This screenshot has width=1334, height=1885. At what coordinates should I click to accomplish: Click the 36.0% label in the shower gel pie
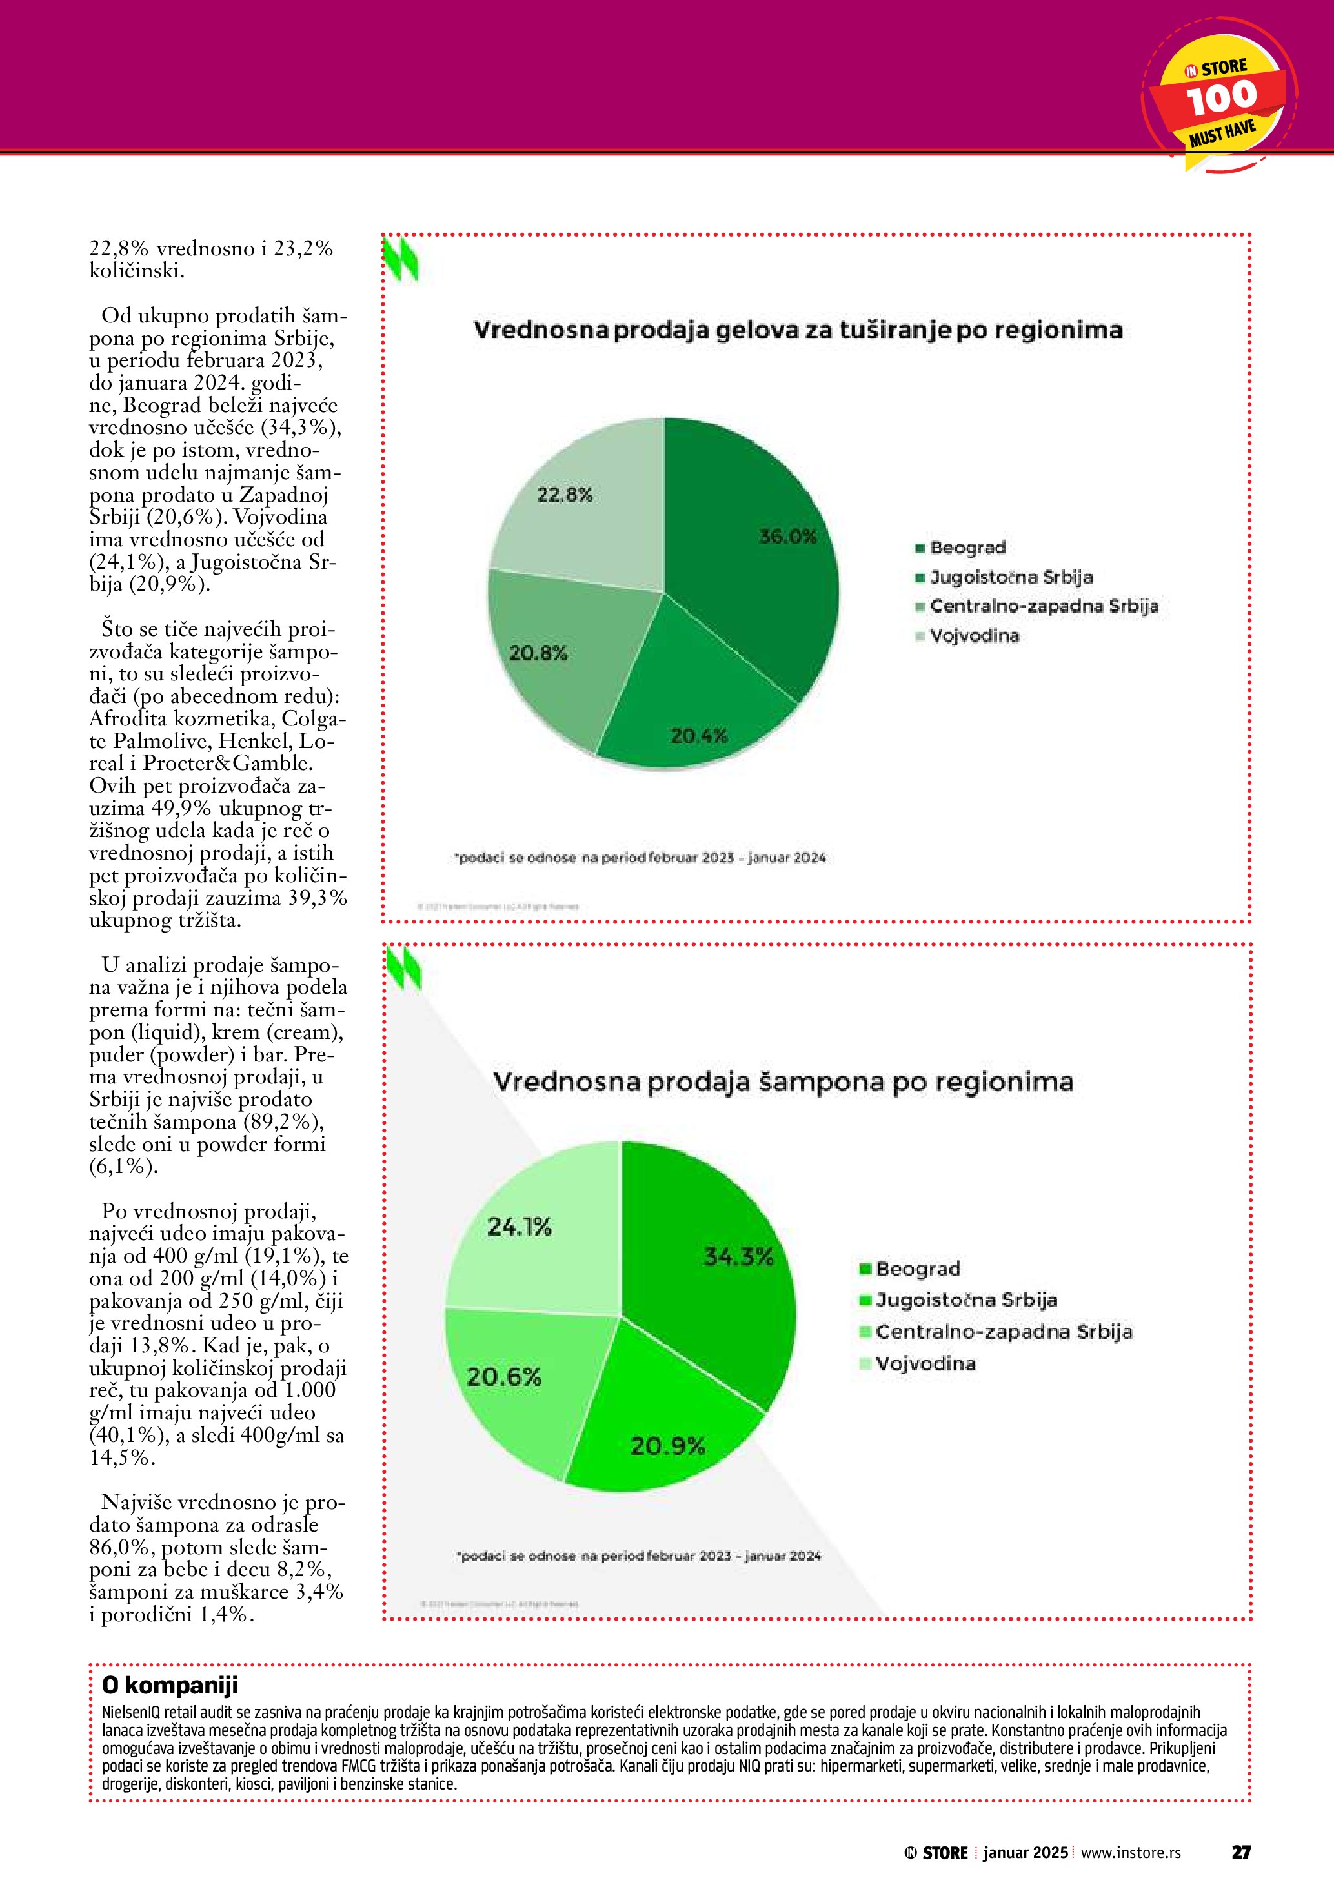click(x=787, y=537)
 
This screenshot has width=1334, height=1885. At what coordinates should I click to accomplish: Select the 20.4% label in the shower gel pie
click(x=698, y=736)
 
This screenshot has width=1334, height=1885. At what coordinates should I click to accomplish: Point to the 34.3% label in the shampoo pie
click(x=738, y=1256)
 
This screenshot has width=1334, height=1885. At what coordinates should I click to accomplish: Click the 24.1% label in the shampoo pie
click(x=519, y=1227)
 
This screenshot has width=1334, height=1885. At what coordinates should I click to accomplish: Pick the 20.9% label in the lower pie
click(x=667, y=1446)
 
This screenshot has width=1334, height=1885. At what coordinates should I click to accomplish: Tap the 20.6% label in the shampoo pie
click(x=503, y=1377)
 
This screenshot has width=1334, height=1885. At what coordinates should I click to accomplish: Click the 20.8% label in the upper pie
click(x=538, y=653)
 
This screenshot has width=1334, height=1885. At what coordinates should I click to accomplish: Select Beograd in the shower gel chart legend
click(x=967, y=548)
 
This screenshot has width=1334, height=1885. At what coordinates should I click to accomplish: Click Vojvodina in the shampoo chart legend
click(x=925, y=1364)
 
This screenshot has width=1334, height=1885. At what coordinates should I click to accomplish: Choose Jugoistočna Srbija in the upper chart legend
click(x=1011, y=577)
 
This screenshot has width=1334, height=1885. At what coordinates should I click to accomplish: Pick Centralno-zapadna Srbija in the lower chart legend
click(x=1003, y=1332)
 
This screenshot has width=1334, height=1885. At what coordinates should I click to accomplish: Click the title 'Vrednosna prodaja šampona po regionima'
click(x=783, y=1081)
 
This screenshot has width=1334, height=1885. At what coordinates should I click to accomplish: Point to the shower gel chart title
click(x=798, y=330)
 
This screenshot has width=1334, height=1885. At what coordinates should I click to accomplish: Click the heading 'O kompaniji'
click(x=170, y=1686)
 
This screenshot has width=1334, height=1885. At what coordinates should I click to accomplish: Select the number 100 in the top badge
click(x=1222, y=99)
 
